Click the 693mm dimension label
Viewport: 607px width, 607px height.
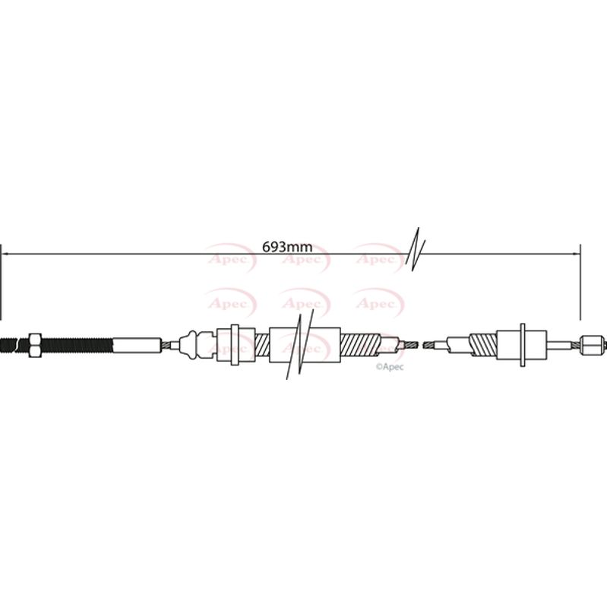click(286, 247)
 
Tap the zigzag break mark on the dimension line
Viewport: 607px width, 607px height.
click(415, 248)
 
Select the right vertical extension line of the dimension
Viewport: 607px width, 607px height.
click(580, 282)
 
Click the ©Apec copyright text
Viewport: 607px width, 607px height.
click(389, 367)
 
